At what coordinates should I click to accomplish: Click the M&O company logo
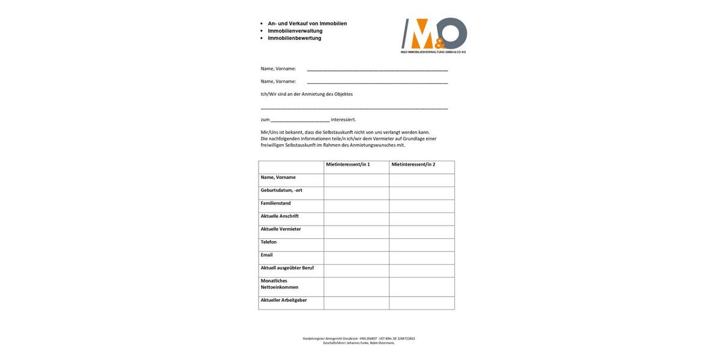tap(434, 35)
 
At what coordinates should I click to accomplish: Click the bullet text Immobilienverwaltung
tap(295, 31)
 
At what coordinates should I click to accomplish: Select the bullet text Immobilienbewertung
tap(295, 38)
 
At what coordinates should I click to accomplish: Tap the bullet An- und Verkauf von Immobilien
tap(307, 23)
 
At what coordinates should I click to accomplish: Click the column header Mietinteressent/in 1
tap(348, 164)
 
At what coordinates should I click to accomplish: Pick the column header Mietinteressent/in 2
tap(413, 164)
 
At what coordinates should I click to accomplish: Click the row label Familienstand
tap(276, 203)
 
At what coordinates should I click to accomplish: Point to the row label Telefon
tap(269, 242)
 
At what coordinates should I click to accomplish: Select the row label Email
tap(267, 255)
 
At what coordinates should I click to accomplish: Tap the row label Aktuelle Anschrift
tap(280, 217)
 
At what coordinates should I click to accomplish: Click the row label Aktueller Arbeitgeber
tap(284, 300)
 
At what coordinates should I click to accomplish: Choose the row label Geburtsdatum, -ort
tap(281, 190)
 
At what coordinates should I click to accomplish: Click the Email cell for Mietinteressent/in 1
tap(356, 258)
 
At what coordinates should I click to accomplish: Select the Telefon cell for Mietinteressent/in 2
tap(422, 245)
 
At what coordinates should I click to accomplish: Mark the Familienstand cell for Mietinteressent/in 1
tap(356, 206)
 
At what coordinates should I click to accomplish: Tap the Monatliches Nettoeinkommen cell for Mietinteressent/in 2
tap(422, 287)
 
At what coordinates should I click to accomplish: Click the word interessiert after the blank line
tap(343, 119)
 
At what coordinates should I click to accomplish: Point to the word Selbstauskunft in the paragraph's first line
tap(338, 132)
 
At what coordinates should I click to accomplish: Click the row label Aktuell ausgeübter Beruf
tap(287, 268)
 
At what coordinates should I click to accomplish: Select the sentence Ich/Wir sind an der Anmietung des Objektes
tap(307, 94)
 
